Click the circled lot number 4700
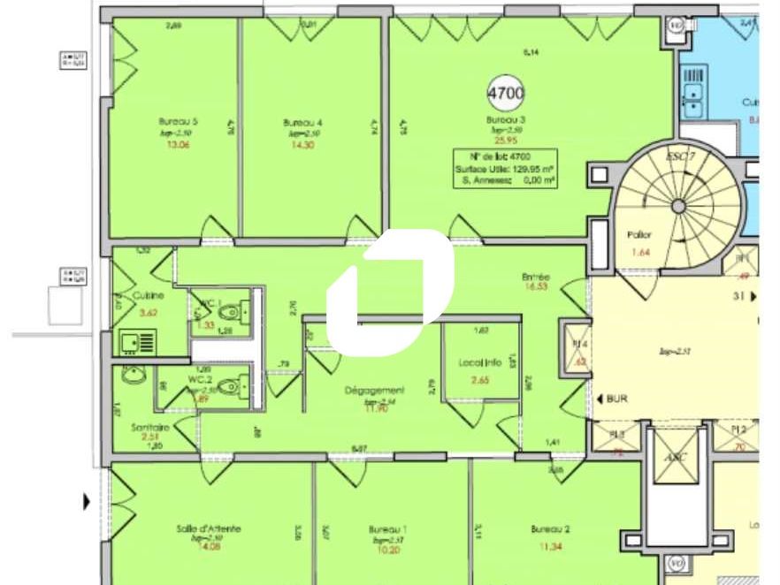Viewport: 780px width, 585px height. pyautogui.click(x=506, y=92)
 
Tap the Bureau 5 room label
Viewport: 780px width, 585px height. pyautogui.click(x=172, y=122)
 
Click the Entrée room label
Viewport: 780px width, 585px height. pyautogui.click(x=536, y=277)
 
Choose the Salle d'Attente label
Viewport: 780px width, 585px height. pyautogui.click(x=209, y=528)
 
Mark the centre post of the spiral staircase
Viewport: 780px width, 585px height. pyautogui.click(x=678, y=206)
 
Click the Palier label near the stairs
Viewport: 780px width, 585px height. pyautogui.click(x=639, y=236)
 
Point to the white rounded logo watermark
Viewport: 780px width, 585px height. pyautogui.click(x=391, y=287)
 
